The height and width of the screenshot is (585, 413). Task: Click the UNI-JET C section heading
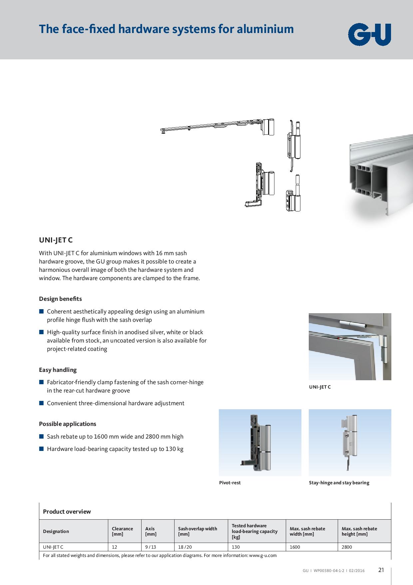tap(56, 240)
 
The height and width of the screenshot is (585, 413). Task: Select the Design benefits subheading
tap(60, 299)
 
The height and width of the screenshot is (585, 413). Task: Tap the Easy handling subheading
tap(58, 370)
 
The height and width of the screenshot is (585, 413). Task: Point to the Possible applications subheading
tap(67, 424)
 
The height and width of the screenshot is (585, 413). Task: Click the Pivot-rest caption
tap(230, 483)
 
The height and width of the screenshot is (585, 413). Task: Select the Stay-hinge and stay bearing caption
tap(339, 483)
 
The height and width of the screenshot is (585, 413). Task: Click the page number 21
tap(381, 570)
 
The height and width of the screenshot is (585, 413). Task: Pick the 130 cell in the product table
tap(236, 547)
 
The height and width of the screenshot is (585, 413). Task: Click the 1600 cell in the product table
tap(295, 547)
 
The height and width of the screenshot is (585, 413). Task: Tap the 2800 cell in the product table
tap(347, 547)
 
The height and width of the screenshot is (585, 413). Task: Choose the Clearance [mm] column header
tap(122, 531)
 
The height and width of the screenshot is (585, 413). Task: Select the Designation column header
tap(56, 531)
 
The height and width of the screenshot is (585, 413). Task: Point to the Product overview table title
tap(67, 512)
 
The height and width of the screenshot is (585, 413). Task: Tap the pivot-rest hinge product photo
tap(260, 443)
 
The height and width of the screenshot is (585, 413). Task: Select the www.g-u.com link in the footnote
tap(263, 555)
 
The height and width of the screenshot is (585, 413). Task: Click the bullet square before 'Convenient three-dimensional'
tap(41, 403)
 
